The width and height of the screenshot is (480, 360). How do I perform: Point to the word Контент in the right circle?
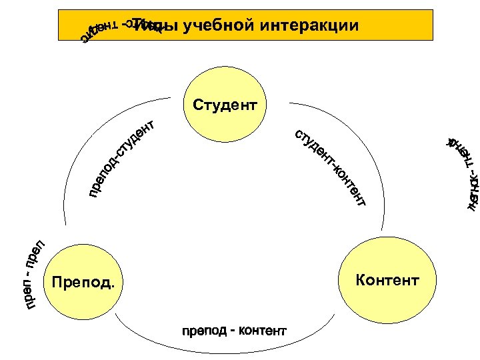387,279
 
